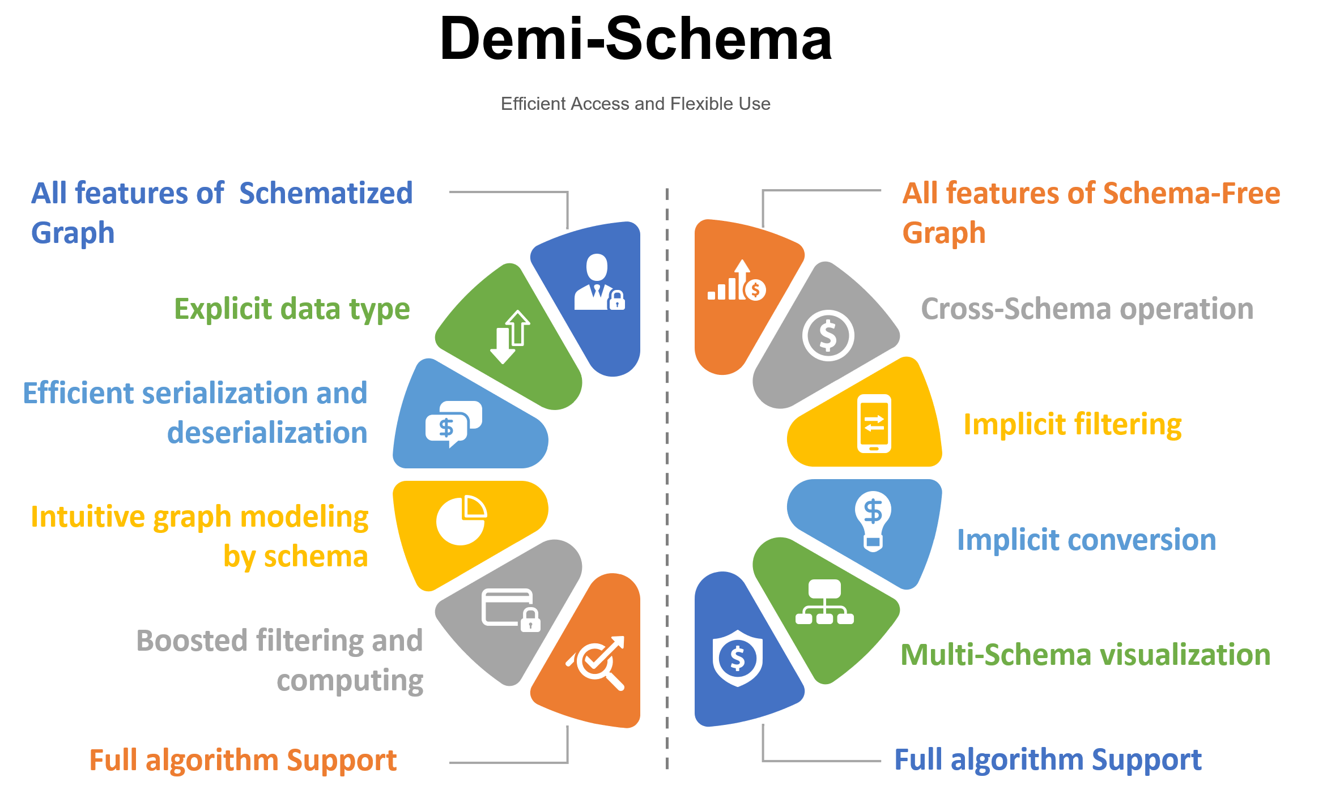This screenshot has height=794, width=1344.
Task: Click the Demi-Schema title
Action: [x=635, y=39]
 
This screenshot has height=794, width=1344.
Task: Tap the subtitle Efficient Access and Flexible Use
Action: [x=635, y=104]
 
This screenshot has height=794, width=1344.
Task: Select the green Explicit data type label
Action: [x=292, y=309]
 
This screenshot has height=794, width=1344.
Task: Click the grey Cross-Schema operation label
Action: [x=1087, y=309]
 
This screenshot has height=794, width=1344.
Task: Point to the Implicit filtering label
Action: [x=1072, y=425]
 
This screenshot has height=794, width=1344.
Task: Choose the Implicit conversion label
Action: [x=1086, y=540]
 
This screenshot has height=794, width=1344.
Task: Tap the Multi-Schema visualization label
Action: [x=1085, y=655]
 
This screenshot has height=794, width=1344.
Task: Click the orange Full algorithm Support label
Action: [x=243, y=760]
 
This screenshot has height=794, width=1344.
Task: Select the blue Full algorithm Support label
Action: [x=1048, y=760]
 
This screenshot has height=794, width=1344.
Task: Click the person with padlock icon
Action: [x=599, y=283]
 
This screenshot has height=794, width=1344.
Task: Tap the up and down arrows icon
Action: [x=510, y=336]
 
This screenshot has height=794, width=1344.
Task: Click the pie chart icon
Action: [x=461, y=520]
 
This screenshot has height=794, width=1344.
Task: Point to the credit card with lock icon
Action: [x=511, y=609]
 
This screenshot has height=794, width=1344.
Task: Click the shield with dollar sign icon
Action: [x=737, y=658]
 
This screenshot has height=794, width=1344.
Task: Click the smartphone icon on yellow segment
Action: [x=874, y=424]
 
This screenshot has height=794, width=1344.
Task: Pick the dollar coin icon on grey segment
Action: [x=828, y=336]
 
